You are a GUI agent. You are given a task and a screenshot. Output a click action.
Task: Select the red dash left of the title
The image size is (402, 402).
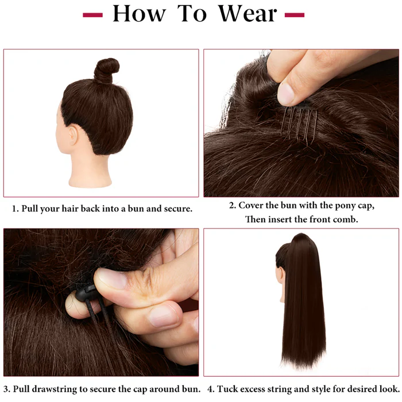coord(92,15)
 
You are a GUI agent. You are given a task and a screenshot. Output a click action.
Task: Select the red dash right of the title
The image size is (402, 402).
coord(295,15)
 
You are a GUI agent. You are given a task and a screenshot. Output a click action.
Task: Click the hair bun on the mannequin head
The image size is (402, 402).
coord(106,70)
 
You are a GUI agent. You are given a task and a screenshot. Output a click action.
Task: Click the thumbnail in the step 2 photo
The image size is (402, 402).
coord(285,94)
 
